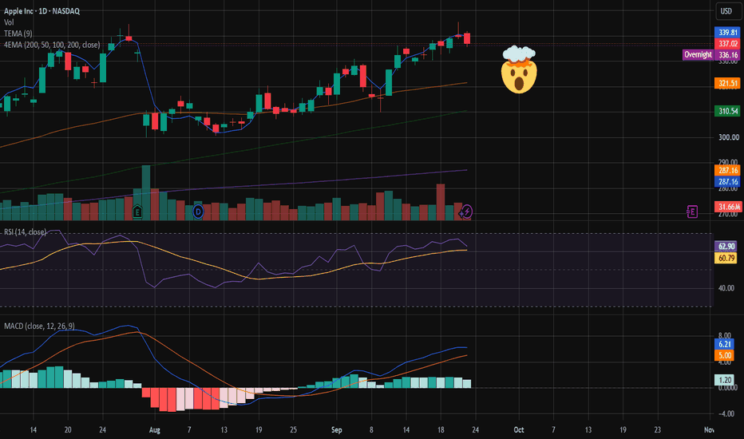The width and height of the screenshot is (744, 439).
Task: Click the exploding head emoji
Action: click(519, 69)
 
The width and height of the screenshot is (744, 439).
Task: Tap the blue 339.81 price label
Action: click(727, 32)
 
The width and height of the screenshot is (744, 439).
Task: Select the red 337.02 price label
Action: click(727, 44)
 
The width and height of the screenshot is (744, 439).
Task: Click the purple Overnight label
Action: click(698, 54)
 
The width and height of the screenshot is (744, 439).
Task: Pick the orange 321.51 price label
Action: click(727, 84)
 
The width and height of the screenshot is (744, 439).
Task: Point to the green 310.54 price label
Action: click(727, 111)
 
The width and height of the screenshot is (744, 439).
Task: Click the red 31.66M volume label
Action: click(728, 207)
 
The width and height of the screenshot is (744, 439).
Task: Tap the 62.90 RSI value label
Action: click(726, 247)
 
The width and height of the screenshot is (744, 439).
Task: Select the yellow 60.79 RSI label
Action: click(726, 258)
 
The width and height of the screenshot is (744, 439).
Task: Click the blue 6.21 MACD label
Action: click(724, 344)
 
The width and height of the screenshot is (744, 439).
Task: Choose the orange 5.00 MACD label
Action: click(724, 355)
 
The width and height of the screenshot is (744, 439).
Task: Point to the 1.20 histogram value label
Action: click(724, 380)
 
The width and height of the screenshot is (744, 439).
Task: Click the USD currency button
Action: click(726, 11)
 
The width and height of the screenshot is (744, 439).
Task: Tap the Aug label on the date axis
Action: click(155, 430)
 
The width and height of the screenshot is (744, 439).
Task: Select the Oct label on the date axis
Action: click(519, 429)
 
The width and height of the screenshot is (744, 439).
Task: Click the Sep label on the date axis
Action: click(336, 430)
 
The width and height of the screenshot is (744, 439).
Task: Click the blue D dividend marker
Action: click(198, 212)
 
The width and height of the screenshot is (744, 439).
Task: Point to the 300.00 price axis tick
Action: click(728, 137)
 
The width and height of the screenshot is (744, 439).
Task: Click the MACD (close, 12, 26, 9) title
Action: click(39, 326)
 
